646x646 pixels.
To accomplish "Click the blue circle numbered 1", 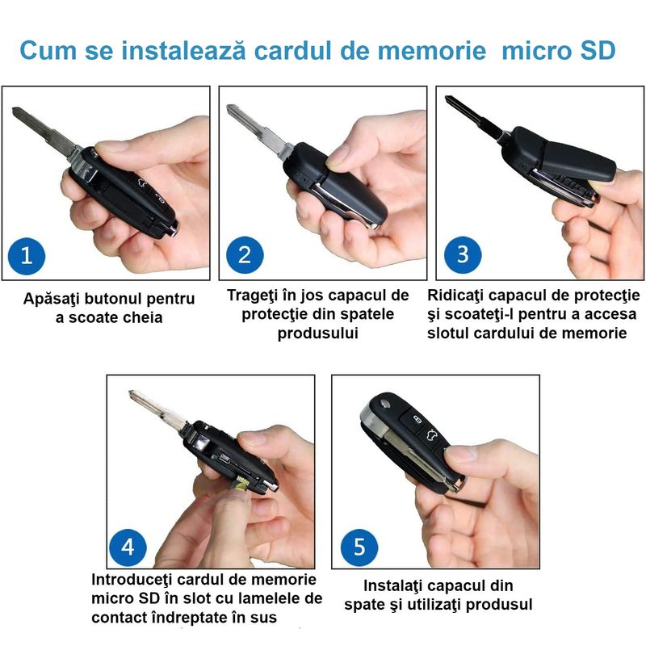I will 27,256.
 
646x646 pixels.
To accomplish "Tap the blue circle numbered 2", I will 245,256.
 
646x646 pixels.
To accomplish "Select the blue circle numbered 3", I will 463,254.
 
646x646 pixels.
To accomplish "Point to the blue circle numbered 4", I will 128,547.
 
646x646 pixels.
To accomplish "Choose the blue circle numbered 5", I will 359,548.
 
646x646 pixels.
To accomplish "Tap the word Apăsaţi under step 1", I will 52,299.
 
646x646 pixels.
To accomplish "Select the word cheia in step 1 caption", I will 137,318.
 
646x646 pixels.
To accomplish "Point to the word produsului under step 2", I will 317,333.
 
